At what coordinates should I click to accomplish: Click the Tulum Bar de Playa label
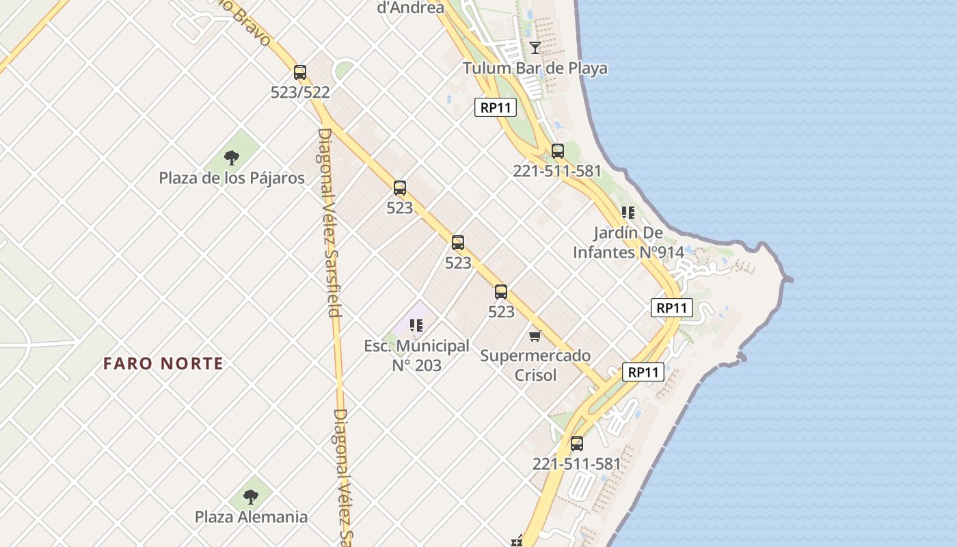pyautogui.click(x=535, y=68)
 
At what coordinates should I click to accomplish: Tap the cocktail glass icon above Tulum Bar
pyautogui.click(x=535, y=47)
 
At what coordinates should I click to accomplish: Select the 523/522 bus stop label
pyautogui.click(x=300, y=92)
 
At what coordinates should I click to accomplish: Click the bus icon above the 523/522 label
pyautogui.click(x=300, y=72)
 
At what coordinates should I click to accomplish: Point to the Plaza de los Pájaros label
pyautogui.click(x=232, y=178)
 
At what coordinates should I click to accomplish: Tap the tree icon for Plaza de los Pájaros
pyautogui.click(x=232, y=158)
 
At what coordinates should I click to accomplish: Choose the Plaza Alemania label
pyautogui.click(x=251, y=517)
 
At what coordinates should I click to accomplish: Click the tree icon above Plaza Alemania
pyautogui.click(x=251, y=496)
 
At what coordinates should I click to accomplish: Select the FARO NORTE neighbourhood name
pyautogui.click(x=163, y=364)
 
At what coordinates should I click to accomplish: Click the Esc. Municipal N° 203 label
pyautogui.click(x=416, y=356)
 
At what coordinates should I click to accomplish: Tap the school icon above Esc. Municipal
pyautogui.click(x=416, y=325)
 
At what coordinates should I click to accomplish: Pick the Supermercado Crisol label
pyautogui.click(x=535, y=365)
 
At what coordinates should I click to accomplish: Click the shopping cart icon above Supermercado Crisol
pyautogui.click(x=535, y=336)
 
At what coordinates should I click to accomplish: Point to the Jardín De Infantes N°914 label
pyautogui.click(x=628, y=243)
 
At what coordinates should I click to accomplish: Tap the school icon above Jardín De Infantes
pyautogui.click(x=628, y=213)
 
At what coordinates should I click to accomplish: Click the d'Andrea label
pyautogui.click(x=411, y=8)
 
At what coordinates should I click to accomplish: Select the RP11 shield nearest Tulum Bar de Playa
pyautogui.click(x=496, y=107)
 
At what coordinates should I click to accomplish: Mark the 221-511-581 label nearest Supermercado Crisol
pyautogui.click(x=577, y=464)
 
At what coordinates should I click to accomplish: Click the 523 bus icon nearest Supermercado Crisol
pyautogui.click(x=501, y=292)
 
